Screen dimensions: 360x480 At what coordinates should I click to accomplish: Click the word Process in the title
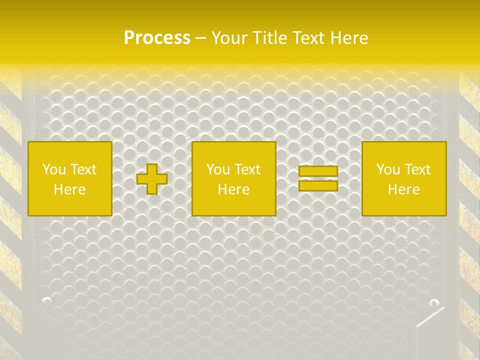[157, 38]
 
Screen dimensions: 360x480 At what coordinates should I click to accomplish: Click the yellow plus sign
[152, 179]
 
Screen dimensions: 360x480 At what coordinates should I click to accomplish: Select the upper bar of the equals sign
[318, 171]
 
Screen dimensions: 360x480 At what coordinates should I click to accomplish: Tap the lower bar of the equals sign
[318, 185]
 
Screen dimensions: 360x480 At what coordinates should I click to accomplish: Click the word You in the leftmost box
[54, 169]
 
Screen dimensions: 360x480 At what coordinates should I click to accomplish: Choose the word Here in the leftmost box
[69, 189]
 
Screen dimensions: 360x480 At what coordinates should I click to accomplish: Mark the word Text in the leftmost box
[83, 169]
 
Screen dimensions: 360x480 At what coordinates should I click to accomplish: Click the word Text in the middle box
[247, 169]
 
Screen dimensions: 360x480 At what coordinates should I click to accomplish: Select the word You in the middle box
[218, 169]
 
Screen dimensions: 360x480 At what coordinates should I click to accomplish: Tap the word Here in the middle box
[233, 189]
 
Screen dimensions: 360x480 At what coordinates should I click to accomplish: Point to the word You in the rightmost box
[388, 169]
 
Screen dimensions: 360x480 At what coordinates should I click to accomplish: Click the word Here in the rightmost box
[403, 189]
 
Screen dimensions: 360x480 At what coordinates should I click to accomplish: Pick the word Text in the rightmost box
[417, 169]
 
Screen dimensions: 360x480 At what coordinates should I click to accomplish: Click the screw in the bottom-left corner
[46, 300]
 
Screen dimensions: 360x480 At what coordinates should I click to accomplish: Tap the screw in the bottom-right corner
[434, 302]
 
